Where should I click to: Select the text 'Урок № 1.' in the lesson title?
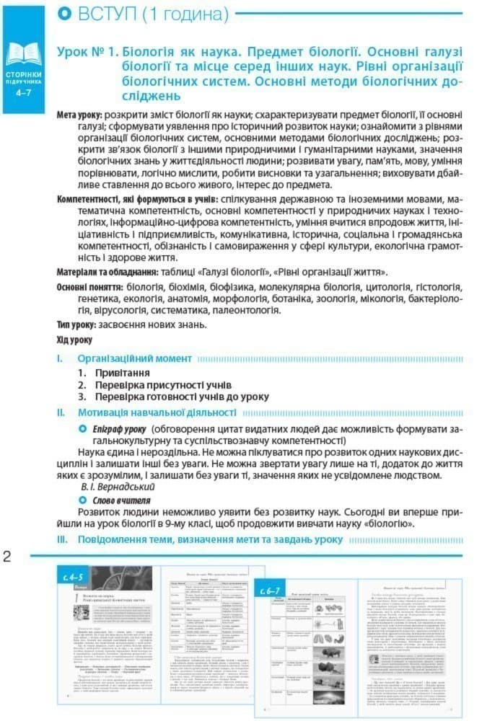tap(88, 53)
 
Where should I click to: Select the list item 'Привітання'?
tap(123, 373)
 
